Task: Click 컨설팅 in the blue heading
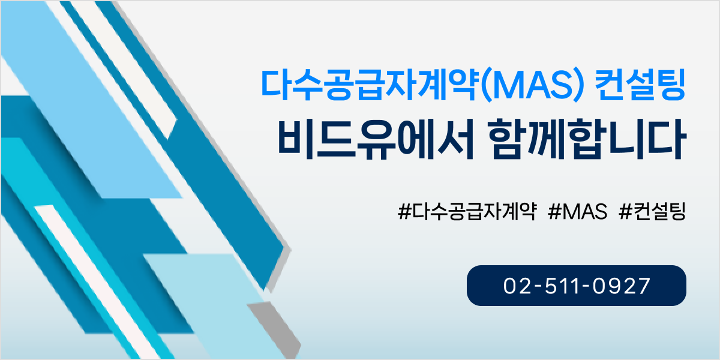coord(640,85)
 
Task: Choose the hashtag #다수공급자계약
coord(467,211)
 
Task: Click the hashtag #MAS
coord(578,211)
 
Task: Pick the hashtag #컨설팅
coord(652,211)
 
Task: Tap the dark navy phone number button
coord(577,286)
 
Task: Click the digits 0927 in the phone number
coord(622,286)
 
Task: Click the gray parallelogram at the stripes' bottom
coord(275,329)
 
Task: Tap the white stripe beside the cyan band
coord(97,280)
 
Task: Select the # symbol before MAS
coord(555,211)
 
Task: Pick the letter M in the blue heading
coord(507,85)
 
